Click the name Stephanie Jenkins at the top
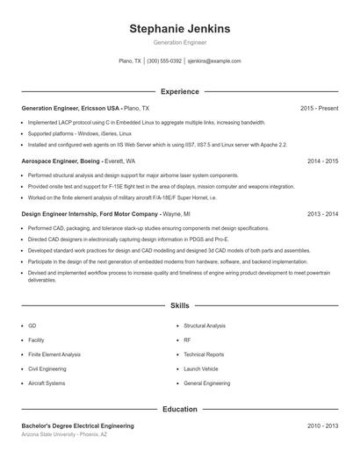(179, 29)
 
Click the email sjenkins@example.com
(214, 61)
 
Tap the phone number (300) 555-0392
(164, 61)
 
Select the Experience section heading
(179, 91)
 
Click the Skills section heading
(179, 305)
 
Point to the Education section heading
(179, 409)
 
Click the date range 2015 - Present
(319, 108)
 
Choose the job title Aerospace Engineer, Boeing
(61, 161)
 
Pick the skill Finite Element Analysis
(54, 354)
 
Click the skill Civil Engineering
(47, 368)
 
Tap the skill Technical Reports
(204, 354)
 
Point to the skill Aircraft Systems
(47, 383)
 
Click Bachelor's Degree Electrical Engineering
(77, 426)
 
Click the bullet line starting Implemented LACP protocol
(146, 123)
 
